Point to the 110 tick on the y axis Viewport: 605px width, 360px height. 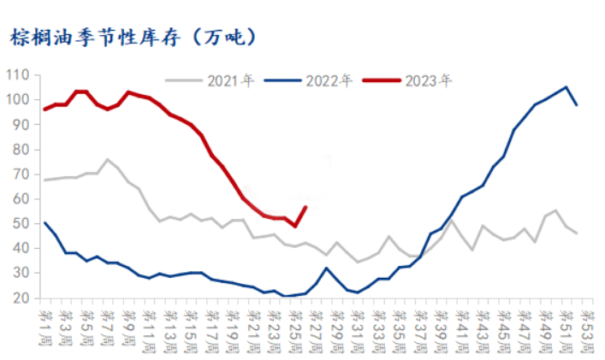(x=19, y=75)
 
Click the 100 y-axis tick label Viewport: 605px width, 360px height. (x=19, y=100)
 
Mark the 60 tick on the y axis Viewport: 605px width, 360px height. (x=21, y=199)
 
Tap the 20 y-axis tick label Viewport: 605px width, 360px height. (x=21, y=298)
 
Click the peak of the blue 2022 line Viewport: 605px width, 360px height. (x=566, y=86)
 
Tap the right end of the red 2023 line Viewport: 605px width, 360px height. (x=305, y=207)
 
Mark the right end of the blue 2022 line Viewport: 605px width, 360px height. (x=577, y=105)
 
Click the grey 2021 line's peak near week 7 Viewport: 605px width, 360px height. (x=107, y=159)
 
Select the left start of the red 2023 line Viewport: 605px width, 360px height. (x=44, y=109)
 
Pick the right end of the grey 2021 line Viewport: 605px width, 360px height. (x=577, y=233)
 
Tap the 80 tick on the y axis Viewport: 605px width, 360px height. (x=21, y=150)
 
